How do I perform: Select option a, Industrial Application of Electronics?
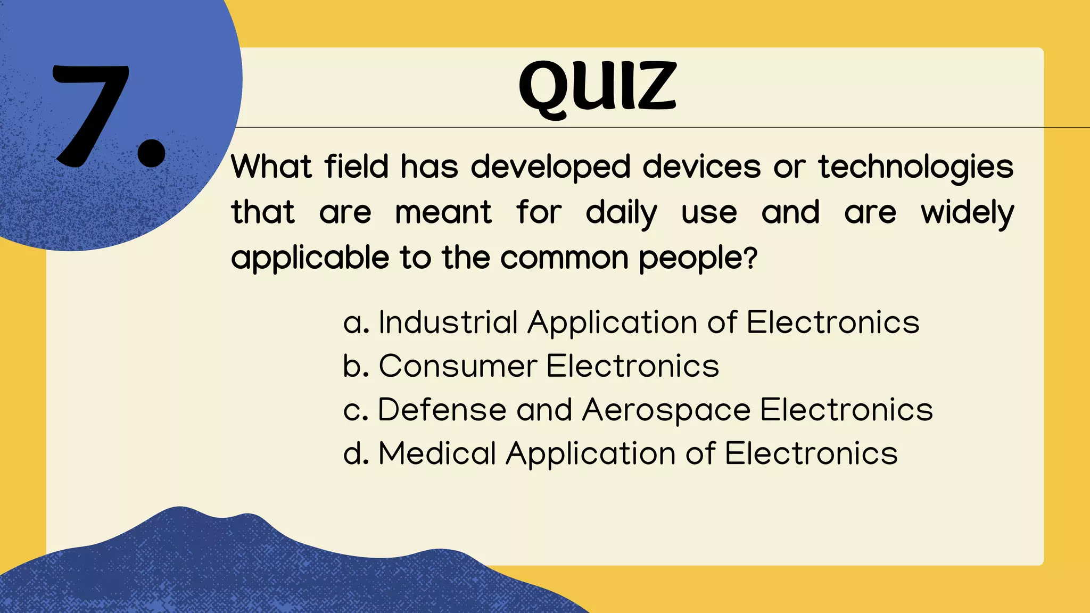631,322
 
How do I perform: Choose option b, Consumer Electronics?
531,366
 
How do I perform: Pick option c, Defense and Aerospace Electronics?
638,410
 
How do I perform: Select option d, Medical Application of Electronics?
621,453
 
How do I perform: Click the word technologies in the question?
915,168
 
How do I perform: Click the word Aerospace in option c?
666,410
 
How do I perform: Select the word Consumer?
458,366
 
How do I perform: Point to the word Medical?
437,453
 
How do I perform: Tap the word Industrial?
448,322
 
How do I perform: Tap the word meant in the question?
443,213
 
